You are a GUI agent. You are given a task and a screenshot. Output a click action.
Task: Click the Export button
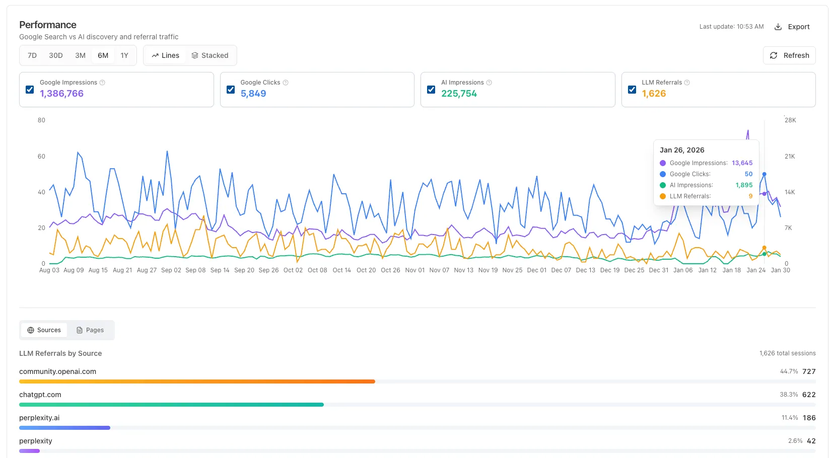point(792,27)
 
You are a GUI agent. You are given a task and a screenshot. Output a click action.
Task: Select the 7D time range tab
point(32,55)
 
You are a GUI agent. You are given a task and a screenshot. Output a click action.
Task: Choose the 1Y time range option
point(124,55)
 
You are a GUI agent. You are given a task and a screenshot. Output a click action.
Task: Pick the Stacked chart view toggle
point(210,55)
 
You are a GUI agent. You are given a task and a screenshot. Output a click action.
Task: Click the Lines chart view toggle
point(165,55)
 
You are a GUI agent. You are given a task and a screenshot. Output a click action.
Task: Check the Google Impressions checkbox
point(30,90)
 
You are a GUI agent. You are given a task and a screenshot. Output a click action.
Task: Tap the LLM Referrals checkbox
point(632,90)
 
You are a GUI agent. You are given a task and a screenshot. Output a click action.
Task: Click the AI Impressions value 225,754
point(459,94)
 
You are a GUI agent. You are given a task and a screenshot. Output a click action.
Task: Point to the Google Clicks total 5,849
point(253,94)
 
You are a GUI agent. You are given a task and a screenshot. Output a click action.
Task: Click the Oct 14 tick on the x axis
point(341,270)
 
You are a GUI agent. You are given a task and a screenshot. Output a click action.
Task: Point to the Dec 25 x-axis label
point(634,270)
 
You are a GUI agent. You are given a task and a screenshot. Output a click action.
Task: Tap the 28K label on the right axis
point(790,120)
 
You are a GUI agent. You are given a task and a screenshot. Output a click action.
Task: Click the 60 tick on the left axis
point(41,157)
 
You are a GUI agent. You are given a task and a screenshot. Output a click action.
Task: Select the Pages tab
point(90,330)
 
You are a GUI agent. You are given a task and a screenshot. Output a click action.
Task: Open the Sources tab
point(44,330)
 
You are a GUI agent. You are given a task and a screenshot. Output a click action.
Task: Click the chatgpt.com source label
point(40,395)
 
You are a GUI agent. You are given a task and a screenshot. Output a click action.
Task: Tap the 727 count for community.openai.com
point(809,371)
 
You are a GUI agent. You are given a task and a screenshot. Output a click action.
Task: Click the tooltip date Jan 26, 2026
point(682,150)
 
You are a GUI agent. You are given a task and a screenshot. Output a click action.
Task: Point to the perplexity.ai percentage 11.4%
point(790,418)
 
